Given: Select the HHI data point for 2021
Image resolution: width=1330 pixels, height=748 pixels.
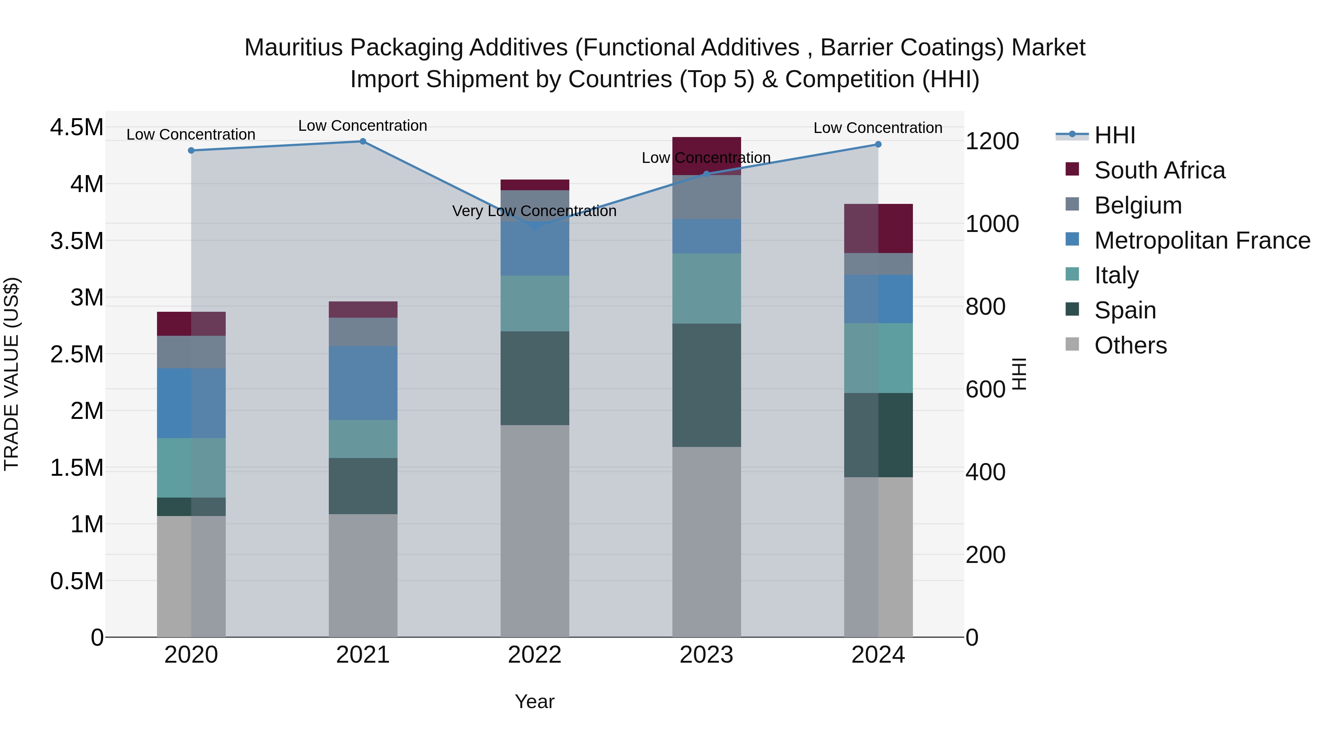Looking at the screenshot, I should (x=363, y=141).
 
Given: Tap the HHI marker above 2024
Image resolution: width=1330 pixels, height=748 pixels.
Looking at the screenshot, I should (x=878, y=144).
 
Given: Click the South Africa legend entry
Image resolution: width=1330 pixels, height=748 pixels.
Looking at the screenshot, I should (x=1159, y=170).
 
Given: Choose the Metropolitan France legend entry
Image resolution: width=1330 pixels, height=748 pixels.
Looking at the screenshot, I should (x=1202, y=240).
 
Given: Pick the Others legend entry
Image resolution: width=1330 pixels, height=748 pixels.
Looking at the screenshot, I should (x=1130, y=345).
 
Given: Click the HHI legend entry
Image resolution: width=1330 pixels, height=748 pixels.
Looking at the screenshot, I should (x=1114, y=135).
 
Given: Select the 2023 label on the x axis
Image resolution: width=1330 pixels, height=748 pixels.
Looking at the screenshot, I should (x=706, y=655).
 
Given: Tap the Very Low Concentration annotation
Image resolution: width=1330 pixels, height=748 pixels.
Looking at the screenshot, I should (x=534, y=211).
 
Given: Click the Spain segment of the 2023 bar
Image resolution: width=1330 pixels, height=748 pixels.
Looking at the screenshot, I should (x=706, y=385).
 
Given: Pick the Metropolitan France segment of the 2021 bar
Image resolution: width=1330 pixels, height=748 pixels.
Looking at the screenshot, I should (x=363, y=383).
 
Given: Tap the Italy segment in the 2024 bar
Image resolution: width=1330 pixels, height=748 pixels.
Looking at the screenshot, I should (x=878, y=358).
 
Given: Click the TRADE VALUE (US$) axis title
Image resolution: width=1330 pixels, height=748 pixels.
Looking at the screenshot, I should (x=11, y=374).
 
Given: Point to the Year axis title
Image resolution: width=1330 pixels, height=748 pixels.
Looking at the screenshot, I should (x=534, y=701).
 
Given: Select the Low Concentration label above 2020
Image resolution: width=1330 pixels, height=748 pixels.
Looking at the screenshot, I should (x=191, y=135).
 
